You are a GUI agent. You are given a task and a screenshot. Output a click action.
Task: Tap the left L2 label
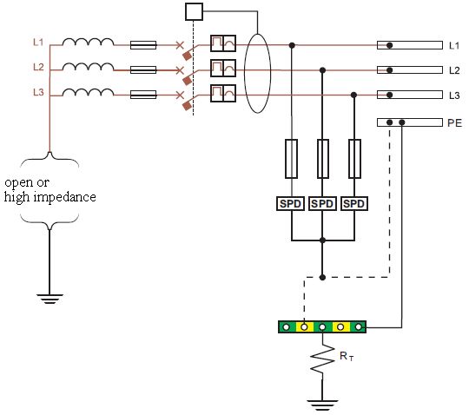click(x=37, y=67)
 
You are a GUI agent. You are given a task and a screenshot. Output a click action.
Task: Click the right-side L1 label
click(x=453, y=44)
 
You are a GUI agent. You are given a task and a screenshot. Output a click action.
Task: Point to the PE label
click(x=453, y=123)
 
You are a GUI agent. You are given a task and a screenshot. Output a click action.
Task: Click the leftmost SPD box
click(x=291, y=203)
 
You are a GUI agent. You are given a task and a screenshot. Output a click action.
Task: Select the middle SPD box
click(x=322, y=203)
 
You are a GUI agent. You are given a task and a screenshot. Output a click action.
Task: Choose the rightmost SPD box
click(x=353, y=203)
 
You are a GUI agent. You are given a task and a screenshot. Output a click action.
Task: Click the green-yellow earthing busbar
click(x=322, y=327)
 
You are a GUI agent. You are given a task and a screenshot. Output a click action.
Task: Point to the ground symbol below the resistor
click(x=322, y=405)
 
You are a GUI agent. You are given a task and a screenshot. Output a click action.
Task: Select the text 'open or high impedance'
click(x=50, y=189)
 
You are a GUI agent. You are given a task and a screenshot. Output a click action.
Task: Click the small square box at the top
click(x=194, y=11)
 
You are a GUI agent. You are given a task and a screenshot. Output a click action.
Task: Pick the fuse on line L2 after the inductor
click(x=142, y=69)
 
